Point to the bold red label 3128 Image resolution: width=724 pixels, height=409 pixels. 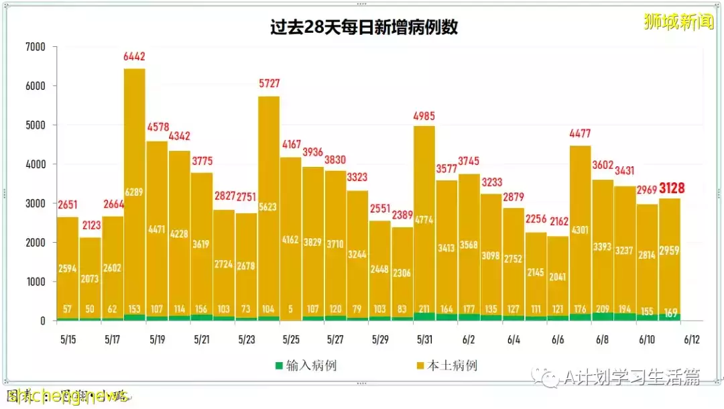pos(671,188)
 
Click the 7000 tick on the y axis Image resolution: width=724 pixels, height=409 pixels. pos(35,47)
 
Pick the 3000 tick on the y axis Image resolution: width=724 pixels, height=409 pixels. pos(35,203)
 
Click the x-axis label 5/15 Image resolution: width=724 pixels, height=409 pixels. pos(67,340)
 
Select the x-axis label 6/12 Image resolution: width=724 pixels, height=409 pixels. pos(691,340)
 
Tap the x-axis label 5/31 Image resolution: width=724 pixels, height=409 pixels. pos(424,340)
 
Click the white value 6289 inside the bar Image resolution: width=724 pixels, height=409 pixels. pos(134,192)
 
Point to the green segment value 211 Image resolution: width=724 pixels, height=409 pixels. pos(424,310)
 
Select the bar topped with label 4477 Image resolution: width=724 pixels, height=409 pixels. pos(580,228)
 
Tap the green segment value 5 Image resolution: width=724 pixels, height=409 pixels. pos(291,310)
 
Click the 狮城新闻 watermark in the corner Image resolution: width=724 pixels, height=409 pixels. pos(678,21)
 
